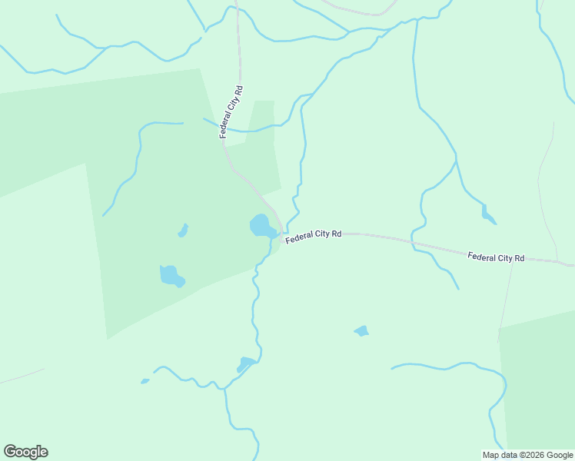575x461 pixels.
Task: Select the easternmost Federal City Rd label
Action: (x=496, y=257)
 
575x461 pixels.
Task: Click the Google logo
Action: (x=25, y=451)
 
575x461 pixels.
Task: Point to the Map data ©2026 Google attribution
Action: (x=527, y=455)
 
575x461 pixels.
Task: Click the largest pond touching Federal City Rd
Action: (x=261, y=226)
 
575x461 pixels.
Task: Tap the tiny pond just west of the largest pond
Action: (x=183, y=230)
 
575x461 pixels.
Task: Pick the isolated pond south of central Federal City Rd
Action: (x=361, y=331)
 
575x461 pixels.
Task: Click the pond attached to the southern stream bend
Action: (x=247, y=363)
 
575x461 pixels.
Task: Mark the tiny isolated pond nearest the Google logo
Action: (x=145, y=380)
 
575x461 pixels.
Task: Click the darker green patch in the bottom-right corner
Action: (x=538, y=384)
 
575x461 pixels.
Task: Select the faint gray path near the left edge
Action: (x=22, y=376)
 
